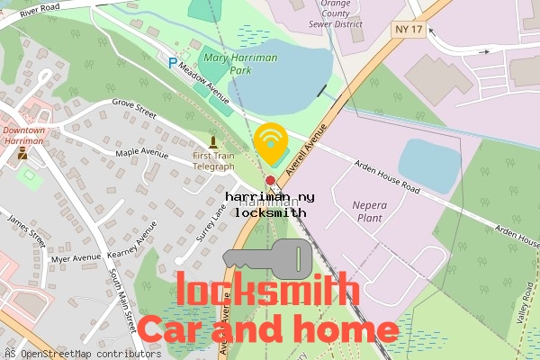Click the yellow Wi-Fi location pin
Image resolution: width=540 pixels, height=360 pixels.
(x=269, y=142)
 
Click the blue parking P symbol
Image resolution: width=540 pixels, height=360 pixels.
(x=173, y=63)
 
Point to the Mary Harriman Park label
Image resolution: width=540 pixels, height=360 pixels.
(x=241, y=63)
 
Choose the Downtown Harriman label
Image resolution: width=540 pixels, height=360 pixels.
(x=22, y=136)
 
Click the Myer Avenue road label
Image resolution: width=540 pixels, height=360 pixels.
(x=76, y=259)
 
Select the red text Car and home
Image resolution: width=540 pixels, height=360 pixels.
(x=267, y=328)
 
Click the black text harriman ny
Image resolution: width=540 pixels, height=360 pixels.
(x=270, y=196)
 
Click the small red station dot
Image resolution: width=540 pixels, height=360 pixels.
(x=270, y=180)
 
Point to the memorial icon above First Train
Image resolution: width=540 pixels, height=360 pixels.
(x=213, y=140)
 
